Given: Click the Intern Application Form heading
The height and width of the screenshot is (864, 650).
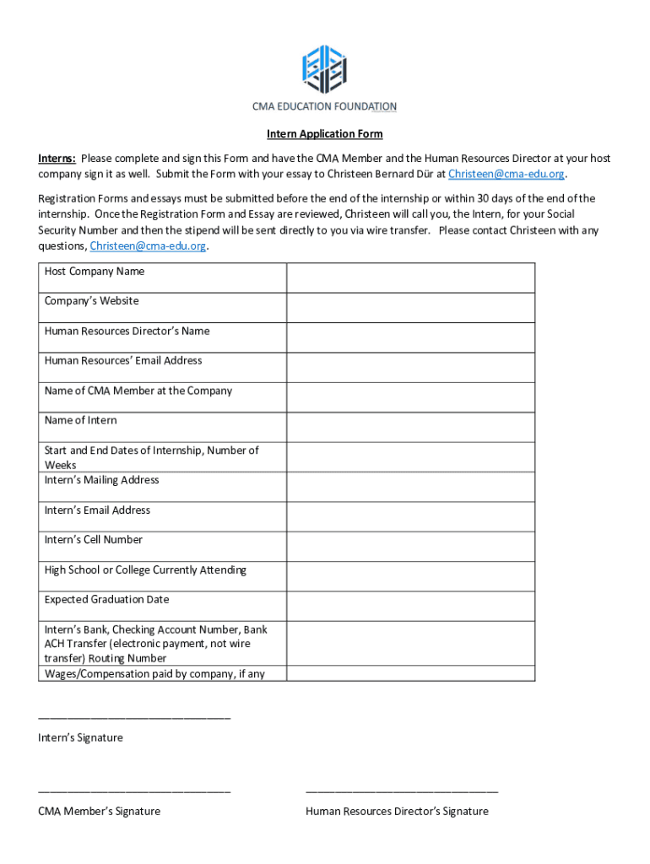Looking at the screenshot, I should [x=325, y=134].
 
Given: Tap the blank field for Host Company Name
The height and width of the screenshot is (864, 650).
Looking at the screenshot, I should [x=410, y=278].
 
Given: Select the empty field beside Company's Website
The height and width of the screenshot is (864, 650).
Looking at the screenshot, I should [x=410, y=307].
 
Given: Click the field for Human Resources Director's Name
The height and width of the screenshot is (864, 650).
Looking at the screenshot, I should [x=410, y=337].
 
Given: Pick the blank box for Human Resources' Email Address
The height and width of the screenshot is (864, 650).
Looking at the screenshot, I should [x=410, y=367].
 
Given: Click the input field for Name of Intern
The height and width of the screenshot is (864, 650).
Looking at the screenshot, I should [x=410, y=427].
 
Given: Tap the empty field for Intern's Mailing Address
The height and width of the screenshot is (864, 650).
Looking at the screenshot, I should [x=410, y=487].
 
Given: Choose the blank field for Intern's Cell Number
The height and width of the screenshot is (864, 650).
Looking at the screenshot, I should [x=410, y=547].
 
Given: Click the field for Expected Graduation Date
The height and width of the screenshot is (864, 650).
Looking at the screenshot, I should [x=410, y=606].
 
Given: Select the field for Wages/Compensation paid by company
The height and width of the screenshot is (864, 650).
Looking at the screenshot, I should [x=410, y=673].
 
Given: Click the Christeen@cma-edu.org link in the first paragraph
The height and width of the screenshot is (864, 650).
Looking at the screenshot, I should [x=506, y=174].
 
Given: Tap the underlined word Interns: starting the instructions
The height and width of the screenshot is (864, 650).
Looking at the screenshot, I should [x=57, y=159].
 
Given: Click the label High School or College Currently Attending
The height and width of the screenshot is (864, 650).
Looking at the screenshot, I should [x=145, y=570].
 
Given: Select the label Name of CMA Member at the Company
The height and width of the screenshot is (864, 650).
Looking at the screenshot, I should [x=138, y=391].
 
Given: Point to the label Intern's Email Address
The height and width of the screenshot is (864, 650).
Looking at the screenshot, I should [x=97, y=510].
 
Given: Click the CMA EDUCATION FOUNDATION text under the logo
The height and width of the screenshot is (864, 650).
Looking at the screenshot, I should [x=325, y=106].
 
